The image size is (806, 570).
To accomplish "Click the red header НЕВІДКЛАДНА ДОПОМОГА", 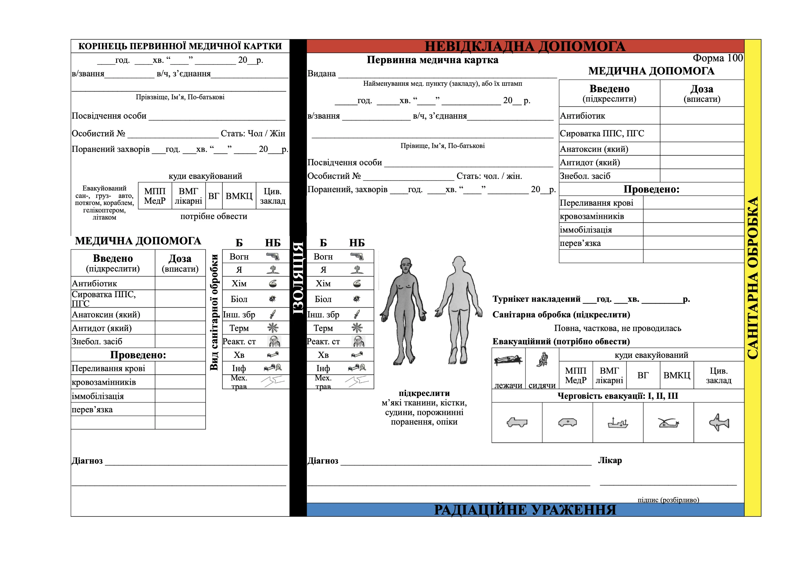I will tap(525, 46).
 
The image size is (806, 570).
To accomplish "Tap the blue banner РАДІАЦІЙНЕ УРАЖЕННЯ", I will tap(525, 510).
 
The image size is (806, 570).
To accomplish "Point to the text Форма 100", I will tap(718, 58).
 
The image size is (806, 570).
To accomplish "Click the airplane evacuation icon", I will tap(719, 422).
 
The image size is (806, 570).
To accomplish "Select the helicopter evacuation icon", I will tap(668, 423).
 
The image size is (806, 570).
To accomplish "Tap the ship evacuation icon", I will tap(618, 423).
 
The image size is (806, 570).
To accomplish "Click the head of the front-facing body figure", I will tap(406, 265).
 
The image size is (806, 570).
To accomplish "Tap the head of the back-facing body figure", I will tap(458, 263).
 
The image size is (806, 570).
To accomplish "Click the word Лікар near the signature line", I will tap(610, 460).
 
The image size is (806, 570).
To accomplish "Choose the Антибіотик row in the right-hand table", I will tap(583, 116).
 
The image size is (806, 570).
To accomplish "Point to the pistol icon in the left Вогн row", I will tap(273, 257).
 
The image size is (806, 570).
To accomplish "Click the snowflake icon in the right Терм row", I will tap(357, 328).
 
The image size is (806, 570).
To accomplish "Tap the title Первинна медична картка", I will tap(432, 60).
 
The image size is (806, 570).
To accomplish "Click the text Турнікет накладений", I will tap(536, 299).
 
